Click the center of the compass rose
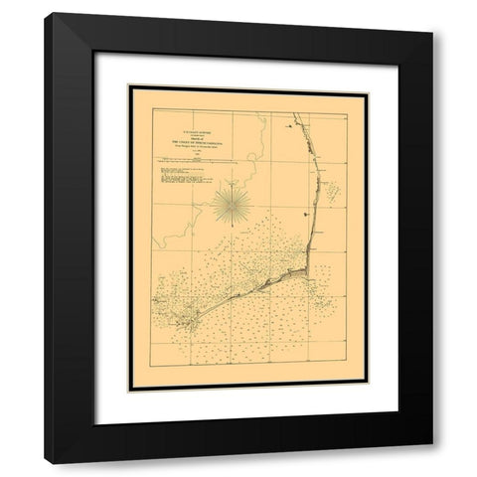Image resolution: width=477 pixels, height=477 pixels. pos(230,203)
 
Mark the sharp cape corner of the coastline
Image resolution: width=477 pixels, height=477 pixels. pos(308,267)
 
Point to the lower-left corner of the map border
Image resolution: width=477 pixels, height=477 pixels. pos(130,391)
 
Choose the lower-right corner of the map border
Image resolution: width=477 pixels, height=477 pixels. pos(366,391)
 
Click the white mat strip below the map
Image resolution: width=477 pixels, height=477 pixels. pos(248,408)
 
